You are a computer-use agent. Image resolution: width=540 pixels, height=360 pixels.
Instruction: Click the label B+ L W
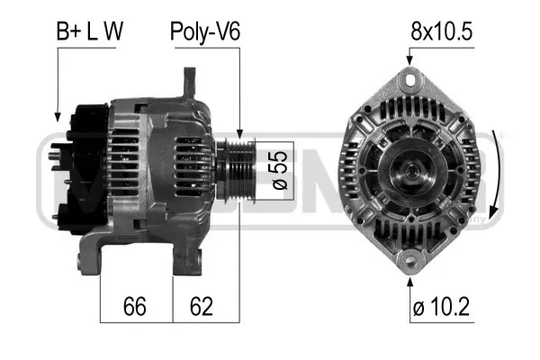(90, 31)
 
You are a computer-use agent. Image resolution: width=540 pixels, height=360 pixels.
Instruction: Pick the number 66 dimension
(135, 308)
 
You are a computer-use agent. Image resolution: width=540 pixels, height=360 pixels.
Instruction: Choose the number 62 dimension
(202, 308)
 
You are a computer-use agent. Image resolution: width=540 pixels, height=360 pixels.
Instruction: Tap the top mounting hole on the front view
(410, 80)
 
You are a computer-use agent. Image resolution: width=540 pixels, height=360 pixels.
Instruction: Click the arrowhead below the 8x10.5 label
(410, 61)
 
